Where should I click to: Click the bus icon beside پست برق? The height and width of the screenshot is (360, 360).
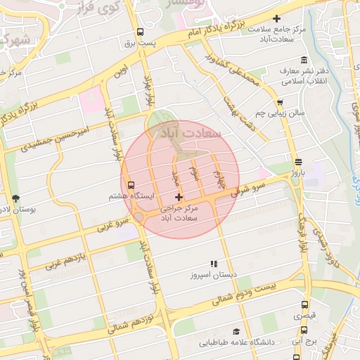(x=140, y=32)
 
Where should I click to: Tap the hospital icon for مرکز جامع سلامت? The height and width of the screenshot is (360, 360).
(x=276, y=18)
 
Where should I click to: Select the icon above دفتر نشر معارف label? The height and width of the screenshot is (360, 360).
(x=303, y=60)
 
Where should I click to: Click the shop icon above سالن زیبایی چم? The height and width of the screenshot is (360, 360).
(x=281, y=101)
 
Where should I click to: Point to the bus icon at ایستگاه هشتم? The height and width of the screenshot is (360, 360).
(x=131, y=186)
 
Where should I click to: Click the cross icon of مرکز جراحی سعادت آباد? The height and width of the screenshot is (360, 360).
(x=179, y=198)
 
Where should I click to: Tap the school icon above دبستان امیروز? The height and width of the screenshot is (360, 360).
(x=213, y=264)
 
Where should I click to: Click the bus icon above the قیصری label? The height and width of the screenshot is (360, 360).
(x=304, y=304)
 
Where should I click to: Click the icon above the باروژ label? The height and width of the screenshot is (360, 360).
(x=297, y=161)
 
